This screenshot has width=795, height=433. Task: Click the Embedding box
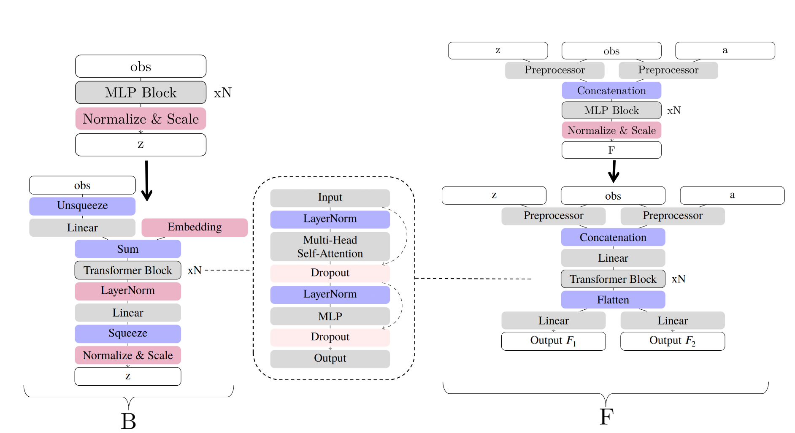coord(195,227)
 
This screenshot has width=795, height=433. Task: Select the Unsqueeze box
coord(82,206)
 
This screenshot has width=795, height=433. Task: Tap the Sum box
coord(128,249)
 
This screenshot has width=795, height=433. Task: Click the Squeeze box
coord(128,333)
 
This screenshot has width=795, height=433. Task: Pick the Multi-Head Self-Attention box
coord(330,246)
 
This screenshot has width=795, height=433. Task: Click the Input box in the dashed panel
coord(330,198)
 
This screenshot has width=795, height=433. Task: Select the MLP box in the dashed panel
coord(330,316)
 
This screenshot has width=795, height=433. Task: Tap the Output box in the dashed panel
coord(330,358)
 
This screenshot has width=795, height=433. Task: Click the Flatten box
coord(613,300)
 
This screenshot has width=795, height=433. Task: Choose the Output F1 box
coord(553,341)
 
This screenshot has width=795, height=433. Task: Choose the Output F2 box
coord(672,341)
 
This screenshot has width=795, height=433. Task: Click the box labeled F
coord(611,150)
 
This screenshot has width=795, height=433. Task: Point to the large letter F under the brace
coord(606,417)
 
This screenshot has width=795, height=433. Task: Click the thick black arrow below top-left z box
coord(146,181)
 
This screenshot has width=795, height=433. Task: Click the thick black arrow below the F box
coord(614,171)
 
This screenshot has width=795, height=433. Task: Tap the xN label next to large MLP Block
coord(222,93)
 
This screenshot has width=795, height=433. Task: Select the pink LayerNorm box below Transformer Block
coord(128,291)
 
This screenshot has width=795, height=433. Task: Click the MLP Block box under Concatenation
coord(611,111)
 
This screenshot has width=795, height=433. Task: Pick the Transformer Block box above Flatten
coord(613,279)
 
